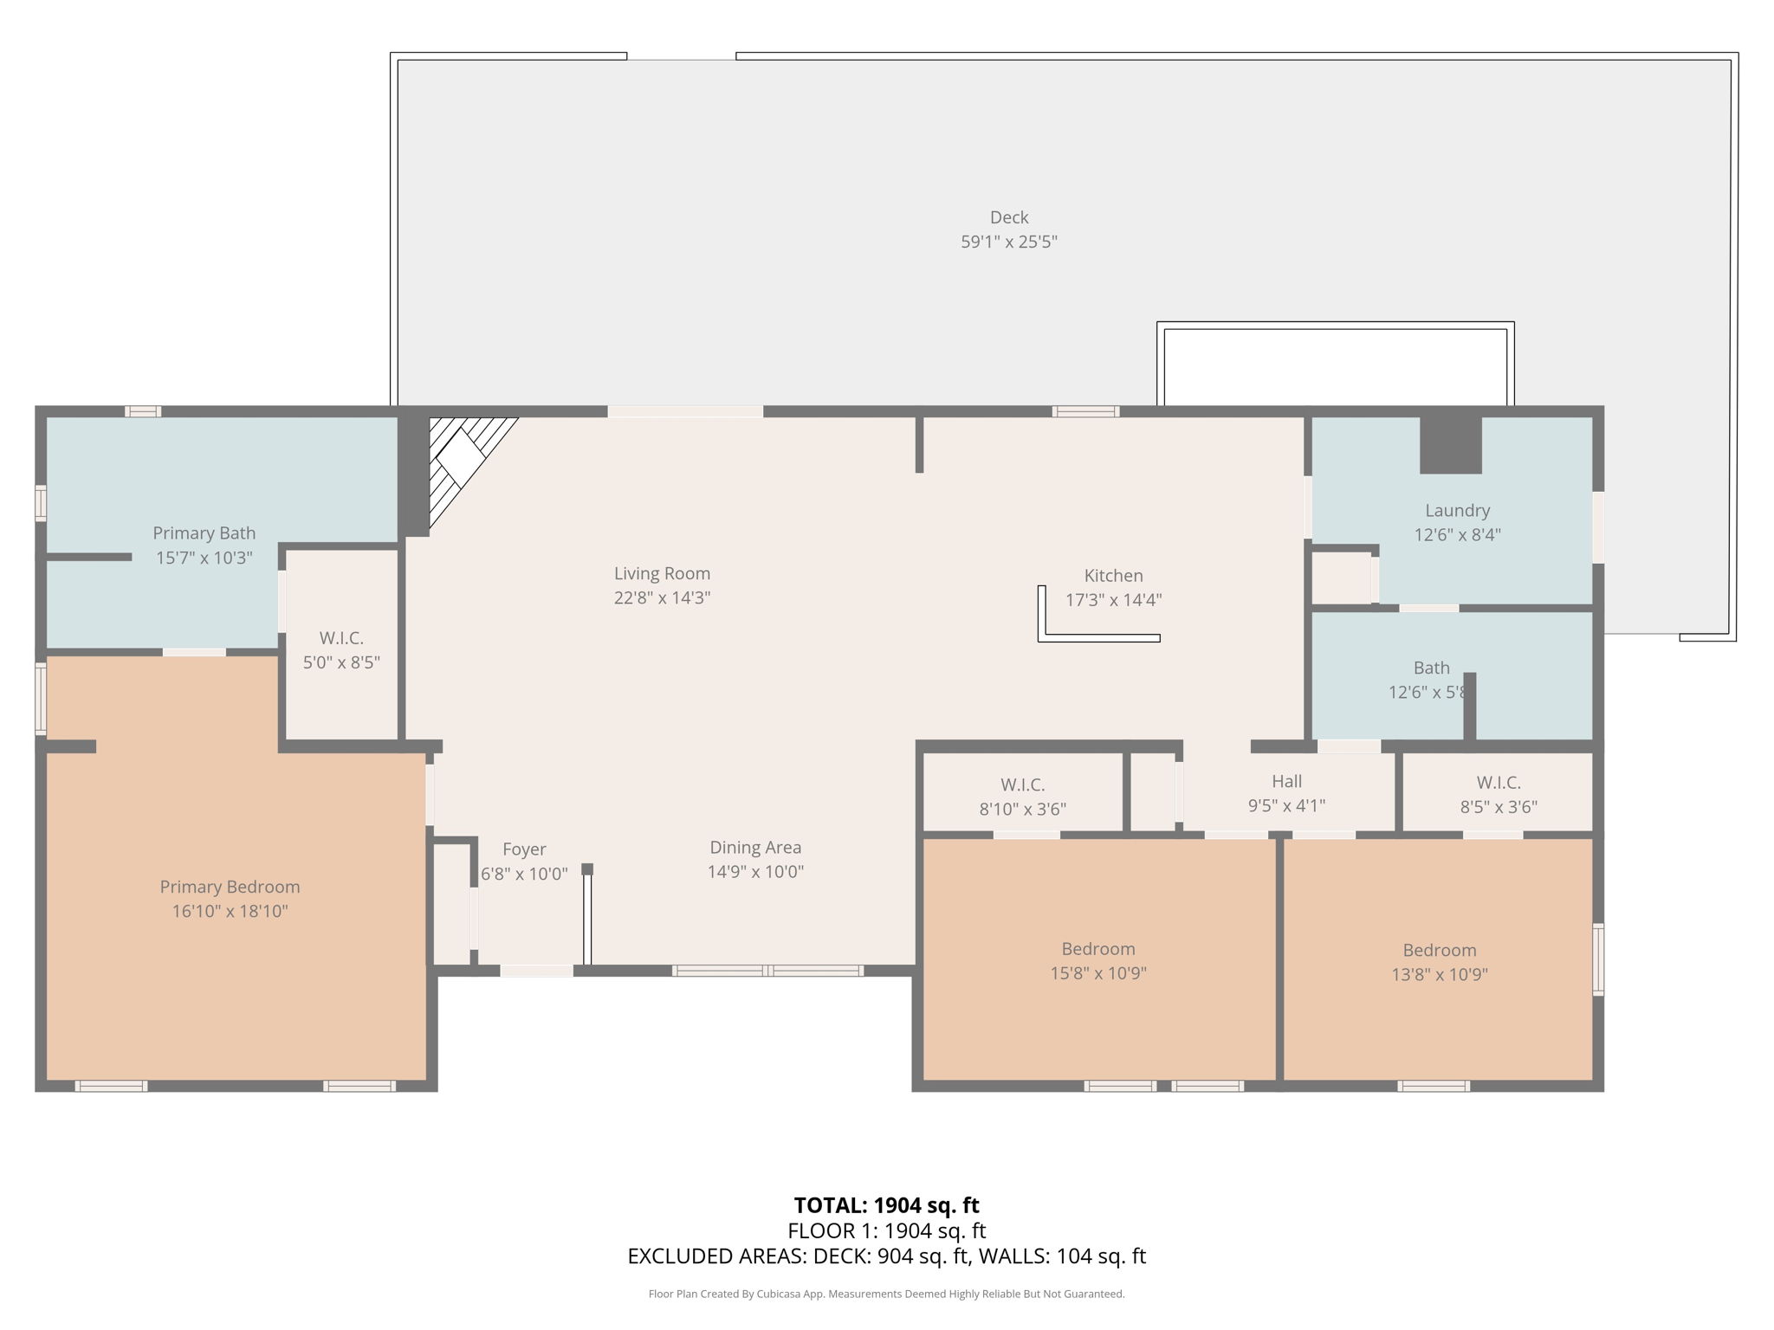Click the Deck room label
click(1009, 217)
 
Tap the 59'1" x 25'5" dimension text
click(1009, 242)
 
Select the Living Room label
click(662, 573)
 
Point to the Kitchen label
click(1113, 576)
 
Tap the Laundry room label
click(1458, 511)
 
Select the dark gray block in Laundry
click(1451, 445)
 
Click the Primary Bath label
click(204, 533)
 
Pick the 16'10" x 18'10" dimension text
click(230, 911)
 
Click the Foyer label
click(524, 850)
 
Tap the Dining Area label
click(755, 848)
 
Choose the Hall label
click(1286, 782)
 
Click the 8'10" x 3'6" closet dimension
click(1022, 810)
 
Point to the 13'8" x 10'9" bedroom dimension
click(1440, 975)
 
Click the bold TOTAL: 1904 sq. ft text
click(886, 1205)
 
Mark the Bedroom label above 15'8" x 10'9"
click(1098, 949)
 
